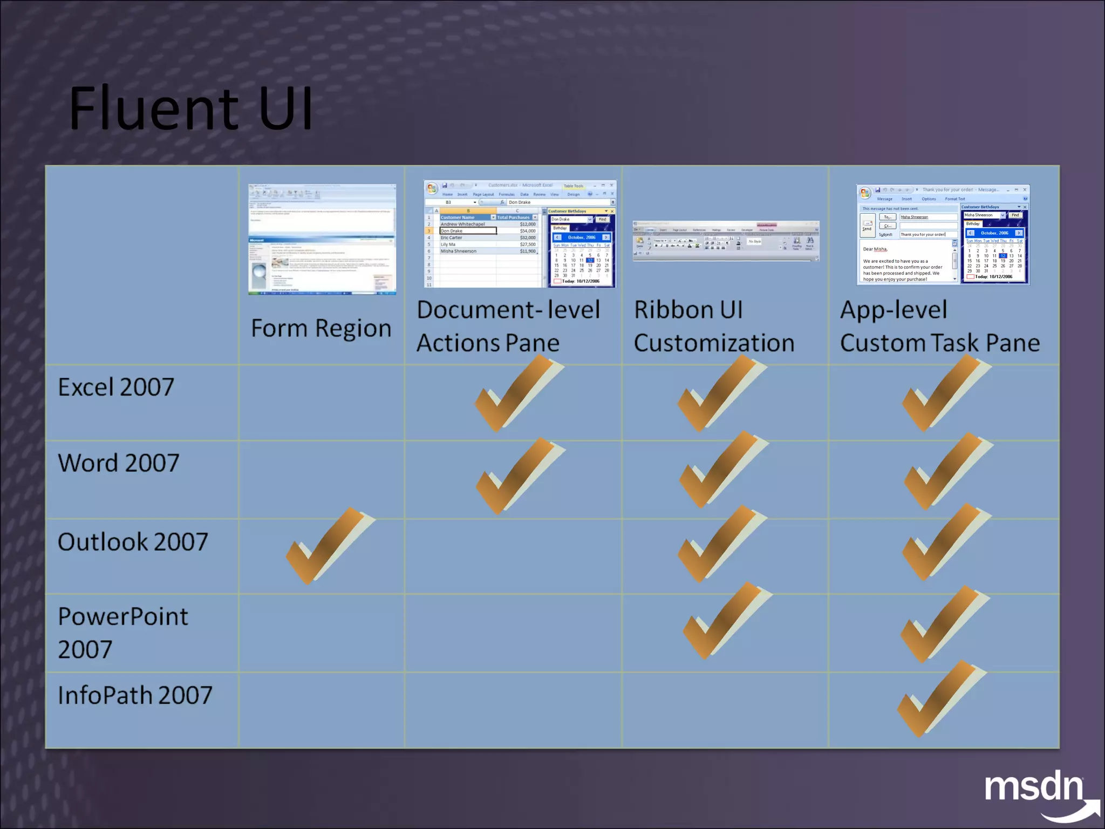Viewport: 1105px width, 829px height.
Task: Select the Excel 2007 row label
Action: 116,387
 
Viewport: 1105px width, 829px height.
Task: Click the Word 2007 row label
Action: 118,463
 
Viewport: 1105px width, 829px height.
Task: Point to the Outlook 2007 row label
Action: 133,542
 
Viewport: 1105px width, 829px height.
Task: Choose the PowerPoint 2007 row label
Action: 123,633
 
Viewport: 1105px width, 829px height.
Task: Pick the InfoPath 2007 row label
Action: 135,695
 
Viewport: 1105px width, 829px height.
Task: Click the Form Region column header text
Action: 321,328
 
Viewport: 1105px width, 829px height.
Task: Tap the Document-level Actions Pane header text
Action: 508,327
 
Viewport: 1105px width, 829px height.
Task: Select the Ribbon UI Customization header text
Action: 714,327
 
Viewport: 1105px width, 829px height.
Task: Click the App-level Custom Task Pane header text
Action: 939,327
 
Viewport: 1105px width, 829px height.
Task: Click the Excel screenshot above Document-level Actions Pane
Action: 520,234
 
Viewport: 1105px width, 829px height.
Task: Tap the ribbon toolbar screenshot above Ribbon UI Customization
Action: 726,241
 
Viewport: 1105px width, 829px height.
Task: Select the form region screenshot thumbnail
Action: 322,239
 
